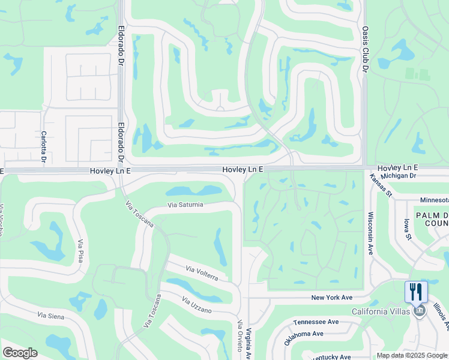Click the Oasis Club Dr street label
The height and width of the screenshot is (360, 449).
[364, 49]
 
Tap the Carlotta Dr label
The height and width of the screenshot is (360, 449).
[43, 147]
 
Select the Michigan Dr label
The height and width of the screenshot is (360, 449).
[399, 175]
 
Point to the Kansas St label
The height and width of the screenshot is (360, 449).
[381, 186]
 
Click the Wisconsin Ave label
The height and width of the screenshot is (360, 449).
[370, 233]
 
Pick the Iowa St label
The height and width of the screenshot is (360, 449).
[408, 229]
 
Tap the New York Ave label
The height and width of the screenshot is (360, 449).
[331, 298]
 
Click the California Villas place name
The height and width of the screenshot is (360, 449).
[381, 310]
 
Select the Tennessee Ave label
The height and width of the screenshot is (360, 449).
[316, 322]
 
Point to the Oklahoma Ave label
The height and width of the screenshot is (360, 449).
[304, 337]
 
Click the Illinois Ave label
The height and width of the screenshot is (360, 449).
[441, 316]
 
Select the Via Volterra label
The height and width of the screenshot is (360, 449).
[202, 274]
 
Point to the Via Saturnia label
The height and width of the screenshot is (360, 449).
[185, 205]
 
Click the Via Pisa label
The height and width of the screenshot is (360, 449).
[80, 251]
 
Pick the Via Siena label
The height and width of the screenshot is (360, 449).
[50, 315]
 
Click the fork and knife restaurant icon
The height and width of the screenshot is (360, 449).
[416, 292]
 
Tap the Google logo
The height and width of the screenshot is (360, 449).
[20, 353]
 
